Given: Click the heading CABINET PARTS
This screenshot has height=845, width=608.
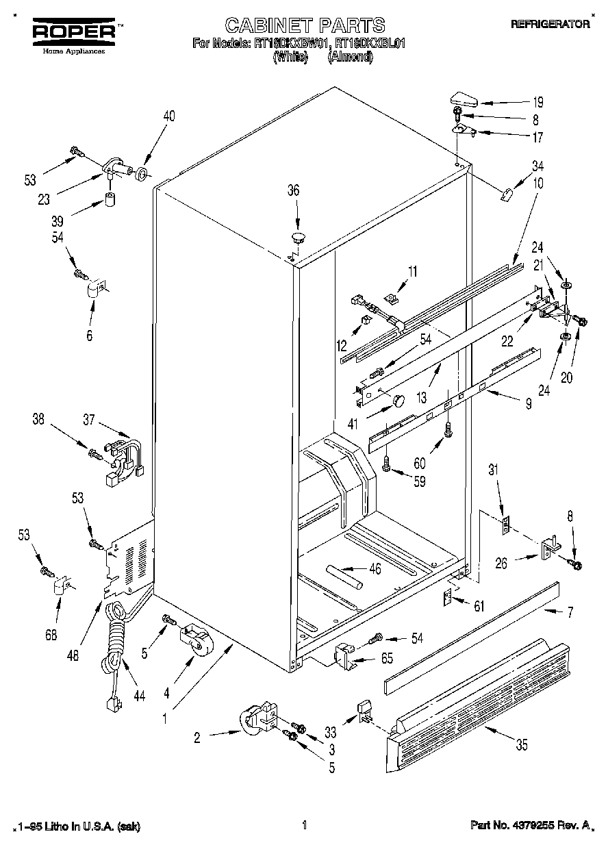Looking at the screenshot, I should [305, 26].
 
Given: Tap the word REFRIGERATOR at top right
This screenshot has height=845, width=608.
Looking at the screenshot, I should [550, 24].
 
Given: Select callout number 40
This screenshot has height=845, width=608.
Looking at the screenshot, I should [168, 116].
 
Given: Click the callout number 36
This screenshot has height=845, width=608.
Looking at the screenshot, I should [293, 191].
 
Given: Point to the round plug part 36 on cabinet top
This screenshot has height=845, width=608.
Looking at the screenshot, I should [298, 238].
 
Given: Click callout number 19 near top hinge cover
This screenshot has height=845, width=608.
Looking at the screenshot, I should [537, 103].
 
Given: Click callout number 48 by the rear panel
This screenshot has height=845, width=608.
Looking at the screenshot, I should [73, 654].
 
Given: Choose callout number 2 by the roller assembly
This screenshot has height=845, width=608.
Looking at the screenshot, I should [197, 737].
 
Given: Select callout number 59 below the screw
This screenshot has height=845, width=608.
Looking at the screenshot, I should [419, 481].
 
